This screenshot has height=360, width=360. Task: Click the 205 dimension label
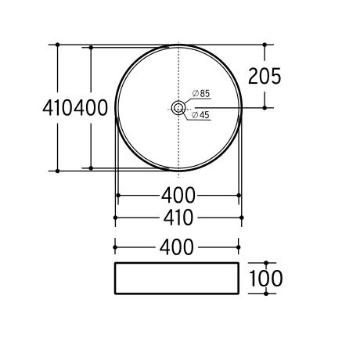tap(265, 76)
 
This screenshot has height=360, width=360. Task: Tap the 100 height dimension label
tap(266, 279)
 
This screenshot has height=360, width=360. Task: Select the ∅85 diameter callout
tap(201, 93)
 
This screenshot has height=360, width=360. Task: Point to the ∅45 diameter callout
tap(200, 115)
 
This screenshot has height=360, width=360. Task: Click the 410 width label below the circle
tap(178, 218)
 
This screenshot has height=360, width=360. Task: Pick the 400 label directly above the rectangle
tap(177, 247)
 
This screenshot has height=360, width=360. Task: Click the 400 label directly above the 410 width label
tap(178, 196)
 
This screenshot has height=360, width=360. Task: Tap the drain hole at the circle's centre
tap(178, 107)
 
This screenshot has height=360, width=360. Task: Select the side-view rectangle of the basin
tap(177, 279)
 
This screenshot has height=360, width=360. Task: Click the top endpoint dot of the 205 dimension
tap(265, 45)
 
